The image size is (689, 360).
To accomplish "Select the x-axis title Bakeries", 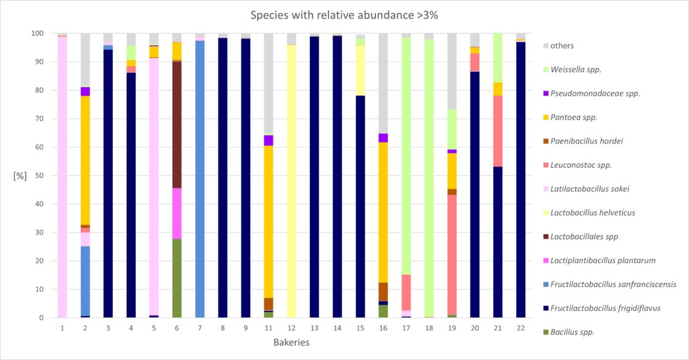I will [291, 341].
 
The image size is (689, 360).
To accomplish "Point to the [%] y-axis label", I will [20, 176].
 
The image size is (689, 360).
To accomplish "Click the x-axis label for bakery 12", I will [291, 327].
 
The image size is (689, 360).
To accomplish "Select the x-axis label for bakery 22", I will [520, 327].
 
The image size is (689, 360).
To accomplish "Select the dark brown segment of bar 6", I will [177, 123].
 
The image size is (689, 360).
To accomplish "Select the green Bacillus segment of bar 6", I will [177, 278].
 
